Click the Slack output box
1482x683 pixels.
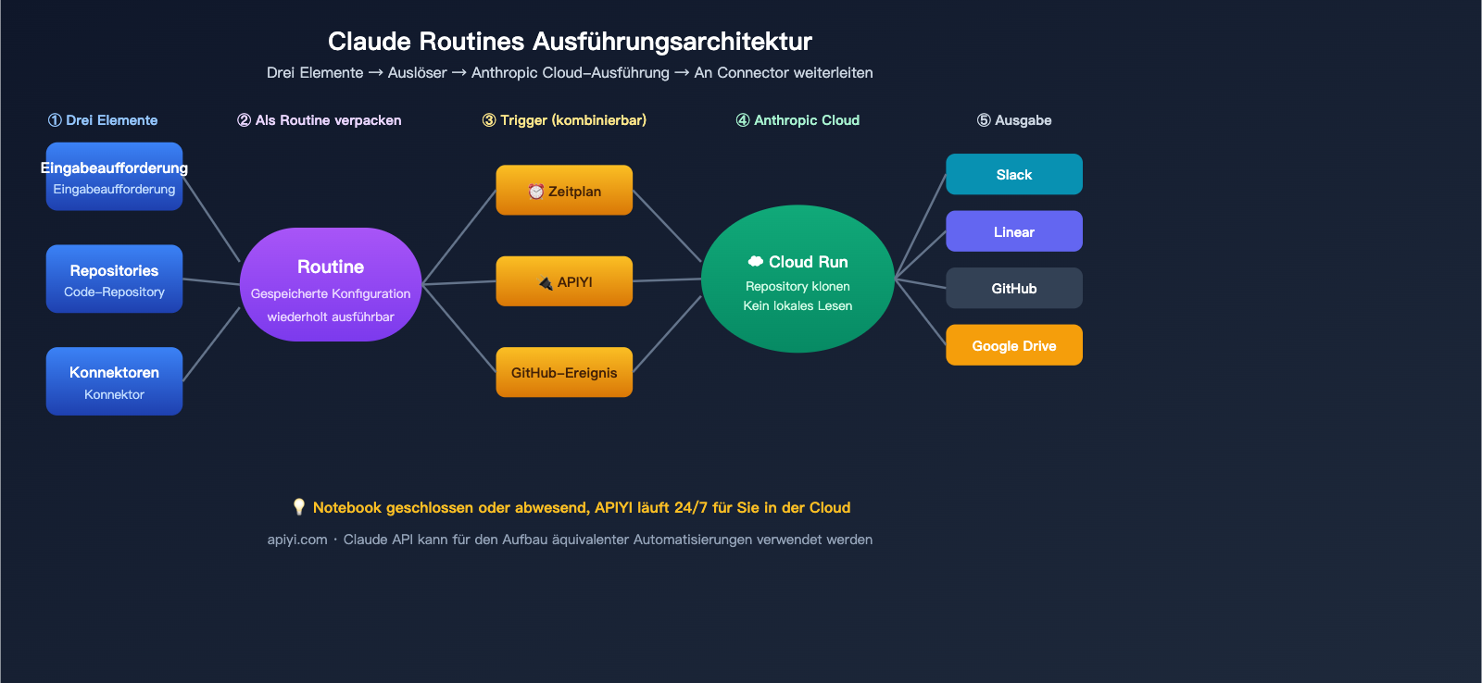(x=1013, y=174)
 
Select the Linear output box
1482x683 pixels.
(x=1013, y=231)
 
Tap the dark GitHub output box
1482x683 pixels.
(x=1013, y=288)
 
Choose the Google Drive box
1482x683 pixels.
(x=1013, y=345)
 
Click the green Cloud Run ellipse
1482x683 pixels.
(x=798, y=279)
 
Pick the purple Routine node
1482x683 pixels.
(x=331, y=284)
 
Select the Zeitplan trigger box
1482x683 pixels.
(x=564, y=191)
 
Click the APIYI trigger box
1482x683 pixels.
(x=564, y=281)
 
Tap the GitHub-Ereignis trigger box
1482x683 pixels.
(x=564, y=372)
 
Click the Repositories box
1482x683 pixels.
(x=114, y=279)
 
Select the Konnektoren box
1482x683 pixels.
(x=114, y=381)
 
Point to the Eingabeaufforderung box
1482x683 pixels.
(x=114, y=177)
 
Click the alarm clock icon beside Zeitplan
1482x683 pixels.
(x=535, y=192)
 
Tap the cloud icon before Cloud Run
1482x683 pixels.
(x=756, y=262)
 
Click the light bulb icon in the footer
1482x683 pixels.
(x=298, y=507)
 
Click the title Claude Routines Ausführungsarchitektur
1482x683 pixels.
(x=570, y=42)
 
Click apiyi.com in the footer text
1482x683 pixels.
(x=297, y=540)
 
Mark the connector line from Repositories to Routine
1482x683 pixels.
(x=211, y=281)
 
